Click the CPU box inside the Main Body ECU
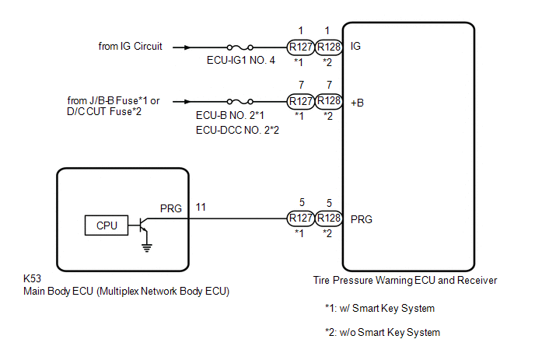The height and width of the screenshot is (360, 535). click(107, 225)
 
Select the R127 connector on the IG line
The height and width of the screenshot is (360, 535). click(300, 47)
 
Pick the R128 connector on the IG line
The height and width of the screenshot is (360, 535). click(330, 47)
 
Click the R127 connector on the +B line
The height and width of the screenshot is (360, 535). click(300, 101)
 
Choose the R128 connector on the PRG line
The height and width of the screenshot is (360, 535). click(330, 219)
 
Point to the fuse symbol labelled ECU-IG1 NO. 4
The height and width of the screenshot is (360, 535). click(238, 47)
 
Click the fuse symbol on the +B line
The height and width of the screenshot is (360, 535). click(238, 101)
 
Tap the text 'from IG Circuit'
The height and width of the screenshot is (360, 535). click(131, 47)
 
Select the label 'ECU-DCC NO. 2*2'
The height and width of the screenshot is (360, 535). click(237, 130)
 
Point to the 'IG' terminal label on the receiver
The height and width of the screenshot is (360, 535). click(357, 47)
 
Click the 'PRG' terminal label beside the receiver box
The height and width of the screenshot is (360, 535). click(362, 219)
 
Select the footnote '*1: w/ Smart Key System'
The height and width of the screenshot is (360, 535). click(379, 309)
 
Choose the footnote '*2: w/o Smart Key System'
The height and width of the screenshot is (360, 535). click(383, 332)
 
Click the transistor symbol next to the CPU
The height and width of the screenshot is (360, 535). click(142, 225)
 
